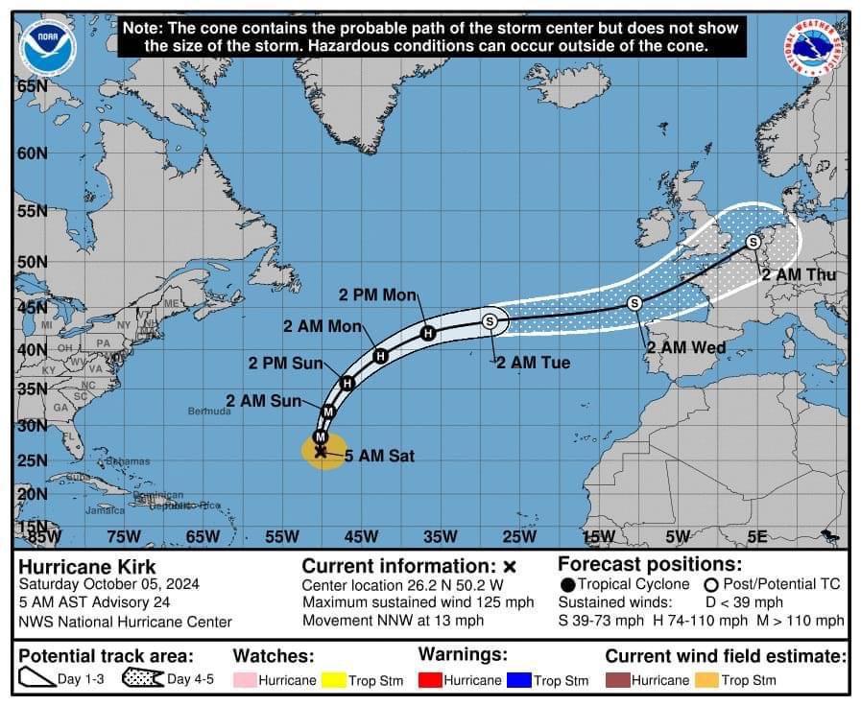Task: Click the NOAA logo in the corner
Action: [x=45, y=46]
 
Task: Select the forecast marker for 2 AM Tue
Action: [x=490, y=321]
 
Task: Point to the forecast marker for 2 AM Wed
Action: [x=634, y=303]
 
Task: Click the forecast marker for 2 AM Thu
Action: [x=753, y=242]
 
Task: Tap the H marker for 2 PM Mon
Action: [x=428, y=333]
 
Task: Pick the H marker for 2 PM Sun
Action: [x=347, y=383]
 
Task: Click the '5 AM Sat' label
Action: [x=379, y=457]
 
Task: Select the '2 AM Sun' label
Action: [x=263, y=401]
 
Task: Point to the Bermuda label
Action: [x=209, y=411]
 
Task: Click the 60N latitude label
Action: [x=32, y=153]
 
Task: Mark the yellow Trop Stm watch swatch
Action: [x=334, y=680]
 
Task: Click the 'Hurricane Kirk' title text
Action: [x=87, y=567]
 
